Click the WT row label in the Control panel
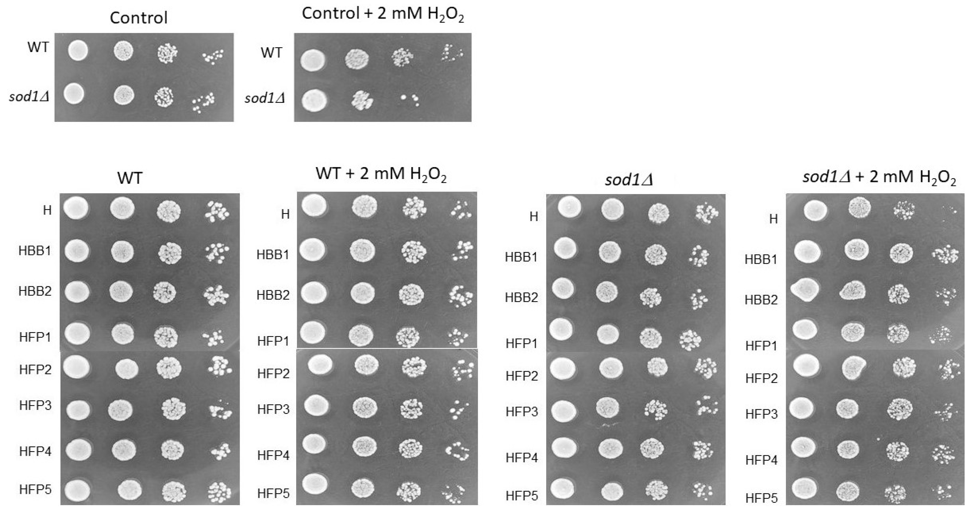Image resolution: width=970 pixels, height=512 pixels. coord(38,47)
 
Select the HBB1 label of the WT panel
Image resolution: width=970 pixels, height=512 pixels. coord(35,251)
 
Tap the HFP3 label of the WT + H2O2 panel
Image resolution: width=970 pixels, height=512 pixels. coord(273,409)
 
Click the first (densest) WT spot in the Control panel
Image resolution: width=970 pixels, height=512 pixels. coord(78,51)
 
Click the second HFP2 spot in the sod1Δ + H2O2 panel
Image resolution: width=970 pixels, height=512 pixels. coord(854,367)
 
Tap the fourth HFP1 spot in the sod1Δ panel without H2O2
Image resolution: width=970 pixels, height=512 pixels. coord(690,339)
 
